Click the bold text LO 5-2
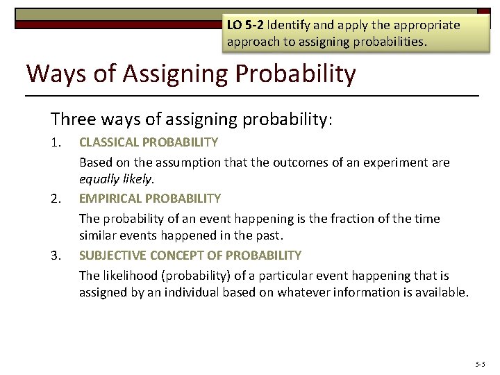[245, 25]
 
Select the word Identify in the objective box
[291, 25]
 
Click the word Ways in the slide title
[54, 73]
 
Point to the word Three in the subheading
[73, 119]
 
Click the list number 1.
[56, 142]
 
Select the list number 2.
[56, 199]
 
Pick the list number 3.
[56, 256]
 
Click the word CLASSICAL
[110, 142]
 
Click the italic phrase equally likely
[116, 179]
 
